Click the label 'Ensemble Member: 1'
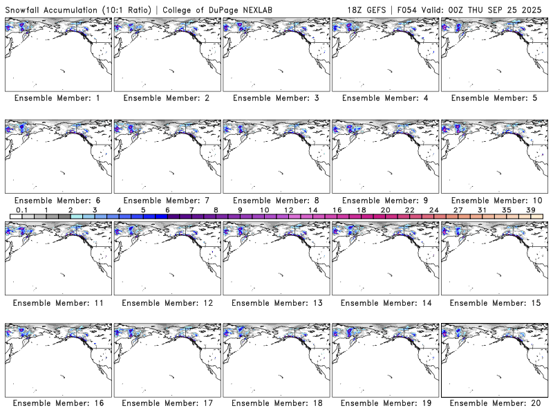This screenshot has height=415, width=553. [x=57, y=98]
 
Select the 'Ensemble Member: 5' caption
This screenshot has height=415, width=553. [x=494, y=98]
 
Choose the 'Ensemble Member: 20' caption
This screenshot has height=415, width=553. [x=494, y=403]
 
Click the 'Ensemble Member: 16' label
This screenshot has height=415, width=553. [x=57, y=403]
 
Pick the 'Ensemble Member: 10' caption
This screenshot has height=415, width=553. [x=494, y=201]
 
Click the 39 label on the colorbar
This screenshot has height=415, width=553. [x=531, y=210]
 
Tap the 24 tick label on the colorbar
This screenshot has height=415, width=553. [x=433, y=210]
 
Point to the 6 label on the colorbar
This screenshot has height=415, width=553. [x=167, y=210]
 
